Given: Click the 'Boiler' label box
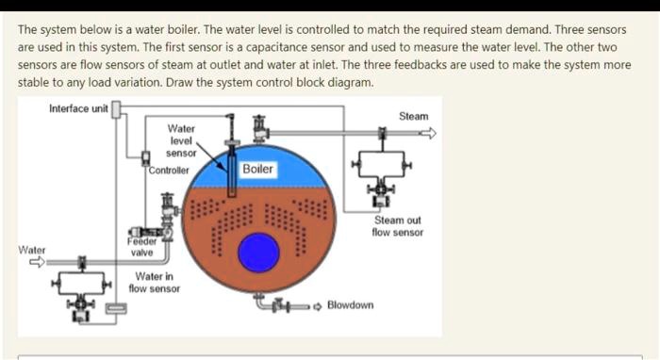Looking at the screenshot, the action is coord(257,170).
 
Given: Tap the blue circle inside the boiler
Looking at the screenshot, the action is coord(257,253).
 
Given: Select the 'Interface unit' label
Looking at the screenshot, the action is coord(79,108).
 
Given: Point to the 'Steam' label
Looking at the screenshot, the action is coord(413,116).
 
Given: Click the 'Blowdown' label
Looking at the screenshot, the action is coord(350,305).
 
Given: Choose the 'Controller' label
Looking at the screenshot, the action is coord(169,171).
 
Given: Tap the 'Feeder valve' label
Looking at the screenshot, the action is coord(141,247).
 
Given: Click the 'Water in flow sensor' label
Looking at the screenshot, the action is coord(155,282).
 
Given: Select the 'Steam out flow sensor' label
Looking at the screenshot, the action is coord(397,226).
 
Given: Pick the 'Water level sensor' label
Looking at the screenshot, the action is coord(181,139).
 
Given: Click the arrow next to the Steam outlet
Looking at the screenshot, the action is coord(429,134).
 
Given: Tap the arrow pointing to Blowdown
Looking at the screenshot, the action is coord(317,305).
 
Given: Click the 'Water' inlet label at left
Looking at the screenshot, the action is coord(33,250).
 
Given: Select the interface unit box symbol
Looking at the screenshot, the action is coord(117,109).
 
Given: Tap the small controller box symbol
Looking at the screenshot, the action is coord(144,157).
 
